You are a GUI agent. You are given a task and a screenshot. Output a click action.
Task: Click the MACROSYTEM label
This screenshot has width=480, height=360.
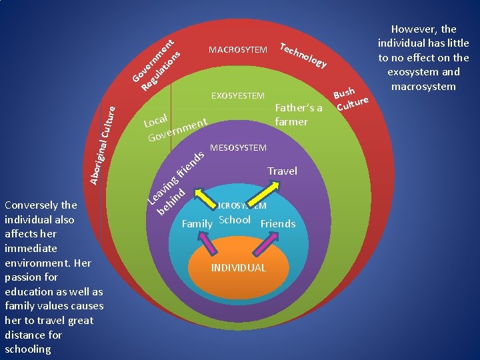(x=238, y=50)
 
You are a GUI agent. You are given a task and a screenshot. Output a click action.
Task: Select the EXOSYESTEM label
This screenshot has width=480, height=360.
(x=237, y=96)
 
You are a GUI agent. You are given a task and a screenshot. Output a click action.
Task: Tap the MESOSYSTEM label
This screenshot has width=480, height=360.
(x=238, y=147)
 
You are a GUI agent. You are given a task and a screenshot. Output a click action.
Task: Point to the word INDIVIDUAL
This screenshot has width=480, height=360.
(x=238, y=268)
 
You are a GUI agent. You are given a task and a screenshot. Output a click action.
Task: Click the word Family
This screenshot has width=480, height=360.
(x=197, y=224)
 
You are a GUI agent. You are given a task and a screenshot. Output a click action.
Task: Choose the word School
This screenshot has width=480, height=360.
(x=235, y=220)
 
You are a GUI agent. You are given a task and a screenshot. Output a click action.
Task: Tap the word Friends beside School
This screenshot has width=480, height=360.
(x=277, y=224)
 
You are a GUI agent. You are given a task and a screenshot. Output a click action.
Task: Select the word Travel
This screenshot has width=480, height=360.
(x=282, y=171)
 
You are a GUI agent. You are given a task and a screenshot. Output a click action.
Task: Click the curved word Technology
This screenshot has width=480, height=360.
(x=303, y=56)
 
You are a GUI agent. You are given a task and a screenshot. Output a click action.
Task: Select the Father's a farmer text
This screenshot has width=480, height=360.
(x=298, y=114)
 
